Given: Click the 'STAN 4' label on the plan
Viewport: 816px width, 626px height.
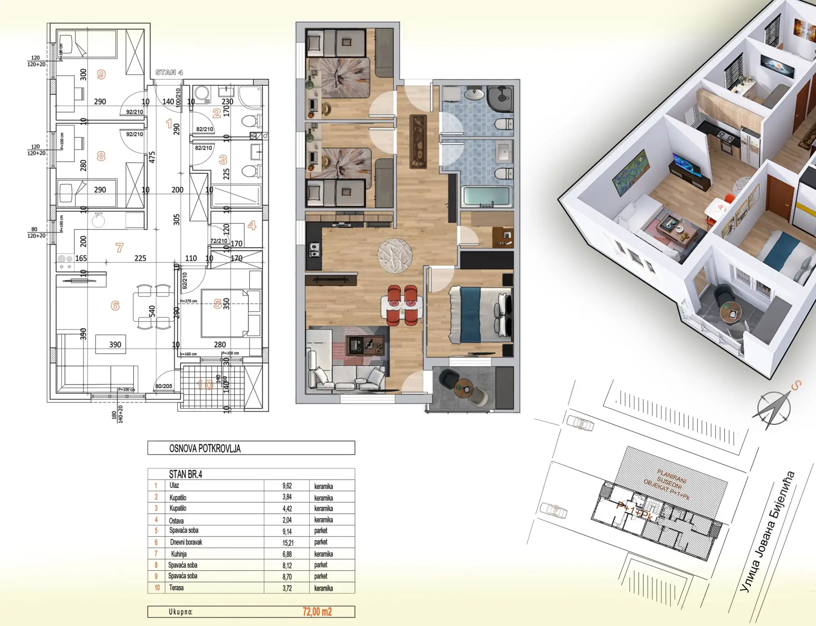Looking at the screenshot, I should pos(169,73).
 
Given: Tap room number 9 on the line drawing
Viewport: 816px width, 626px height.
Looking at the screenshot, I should pos(101,74).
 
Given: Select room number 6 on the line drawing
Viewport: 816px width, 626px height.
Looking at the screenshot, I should pos(115,306).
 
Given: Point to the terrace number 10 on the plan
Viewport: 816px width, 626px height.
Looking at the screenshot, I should pos(205,385).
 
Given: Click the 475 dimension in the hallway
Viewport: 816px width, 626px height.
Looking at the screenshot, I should pos(152,157).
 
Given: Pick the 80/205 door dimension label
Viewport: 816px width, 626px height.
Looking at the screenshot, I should pos(164,386).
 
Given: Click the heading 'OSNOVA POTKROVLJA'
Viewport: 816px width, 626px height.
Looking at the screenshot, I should pos(205,448).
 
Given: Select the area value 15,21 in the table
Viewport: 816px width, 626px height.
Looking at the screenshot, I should pos(287,542).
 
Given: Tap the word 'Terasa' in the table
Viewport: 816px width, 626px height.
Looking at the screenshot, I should pos(176,588).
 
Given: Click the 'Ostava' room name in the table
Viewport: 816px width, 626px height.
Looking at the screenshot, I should pos(176,520).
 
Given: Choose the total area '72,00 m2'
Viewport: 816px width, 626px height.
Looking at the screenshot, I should pos(317,611).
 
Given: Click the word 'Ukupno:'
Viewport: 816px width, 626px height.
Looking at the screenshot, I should pos(180,612).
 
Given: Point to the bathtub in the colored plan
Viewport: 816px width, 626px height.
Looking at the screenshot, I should pos(486,196).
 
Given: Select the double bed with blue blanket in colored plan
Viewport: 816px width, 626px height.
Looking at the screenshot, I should pos(481,314).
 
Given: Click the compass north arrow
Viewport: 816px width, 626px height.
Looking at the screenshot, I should pos(771,409).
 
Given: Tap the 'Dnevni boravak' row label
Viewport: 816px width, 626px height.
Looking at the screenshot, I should pos(186,542).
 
